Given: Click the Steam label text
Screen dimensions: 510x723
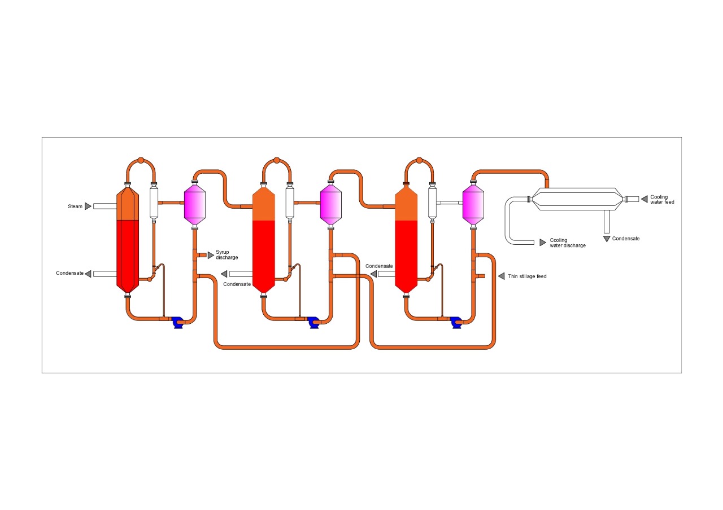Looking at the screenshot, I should point(75,206).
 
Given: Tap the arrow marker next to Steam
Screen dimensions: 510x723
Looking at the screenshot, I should point(88,206).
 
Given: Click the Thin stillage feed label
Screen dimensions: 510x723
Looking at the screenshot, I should point(527,276).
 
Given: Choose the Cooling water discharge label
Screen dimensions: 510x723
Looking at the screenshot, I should point(567,243).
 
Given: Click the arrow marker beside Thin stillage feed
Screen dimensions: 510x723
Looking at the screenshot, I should point(501,276).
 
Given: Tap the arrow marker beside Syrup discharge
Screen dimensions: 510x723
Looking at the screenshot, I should point(211,255).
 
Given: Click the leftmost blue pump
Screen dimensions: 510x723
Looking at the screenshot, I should point(179,322).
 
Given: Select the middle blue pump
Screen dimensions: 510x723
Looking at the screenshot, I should point(314,322).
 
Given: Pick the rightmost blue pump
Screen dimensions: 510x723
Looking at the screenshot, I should point(456,322).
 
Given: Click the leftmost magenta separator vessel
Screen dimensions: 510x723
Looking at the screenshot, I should point(195,204).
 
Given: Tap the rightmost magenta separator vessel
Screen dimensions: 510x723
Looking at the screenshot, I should point(473,204).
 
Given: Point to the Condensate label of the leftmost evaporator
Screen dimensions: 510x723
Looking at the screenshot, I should point(69,274).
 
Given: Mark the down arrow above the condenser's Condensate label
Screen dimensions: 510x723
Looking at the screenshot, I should point(607,239).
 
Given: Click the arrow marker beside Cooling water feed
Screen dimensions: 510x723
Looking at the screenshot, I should point(644,199).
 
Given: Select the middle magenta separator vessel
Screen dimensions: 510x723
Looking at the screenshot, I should point(331,204).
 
